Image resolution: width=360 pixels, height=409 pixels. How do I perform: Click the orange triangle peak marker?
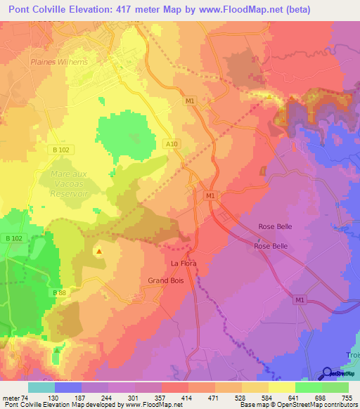coord(99,250)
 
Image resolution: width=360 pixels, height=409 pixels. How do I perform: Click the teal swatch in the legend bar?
coord(41,387)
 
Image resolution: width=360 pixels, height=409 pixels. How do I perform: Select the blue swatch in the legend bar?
coord(68,387)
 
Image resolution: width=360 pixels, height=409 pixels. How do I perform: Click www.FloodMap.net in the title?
coord(239,9)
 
